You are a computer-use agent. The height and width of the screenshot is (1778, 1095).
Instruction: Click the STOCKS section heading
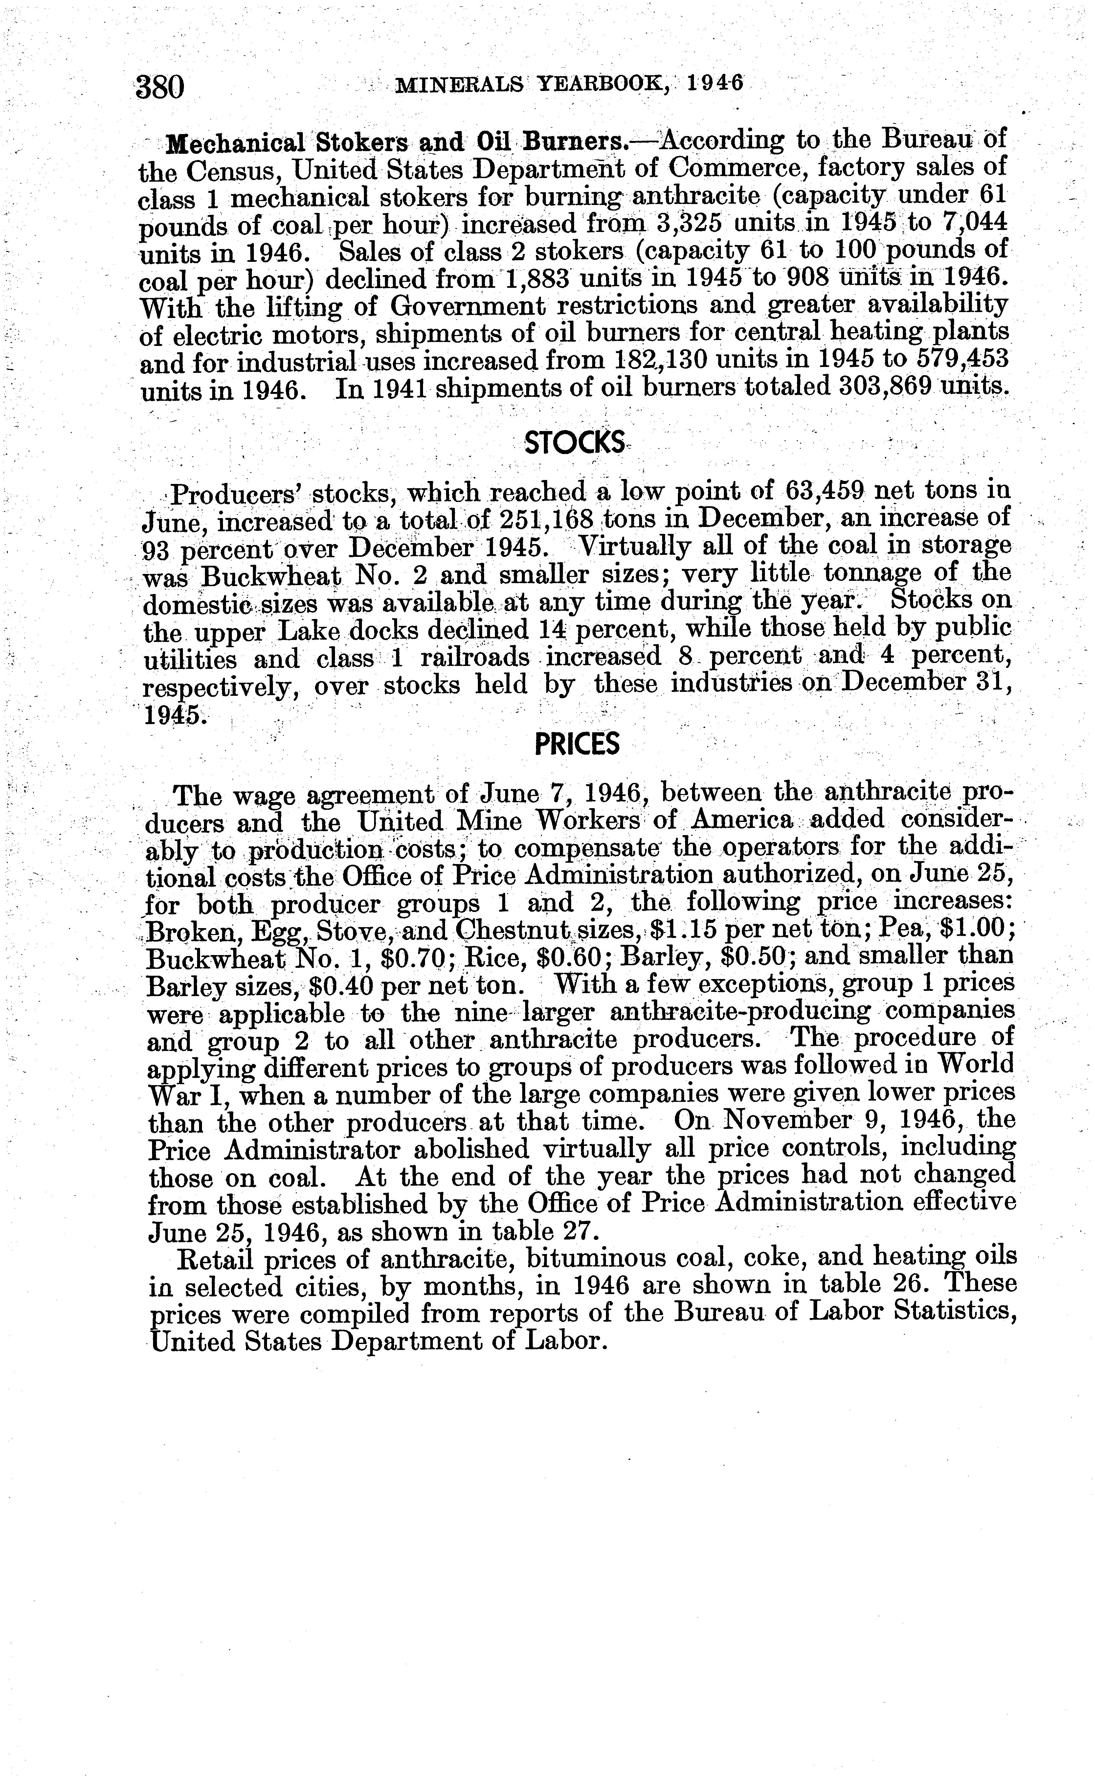point(574,443)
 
